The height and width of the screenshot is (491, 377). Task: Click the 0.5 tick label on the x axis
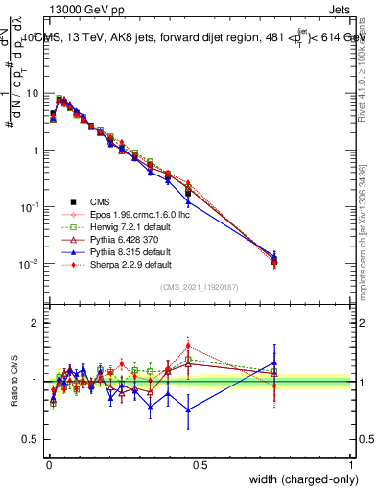pos(200,464)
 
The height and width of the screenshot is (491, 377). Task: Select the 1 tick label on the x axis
pos(351,464)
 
